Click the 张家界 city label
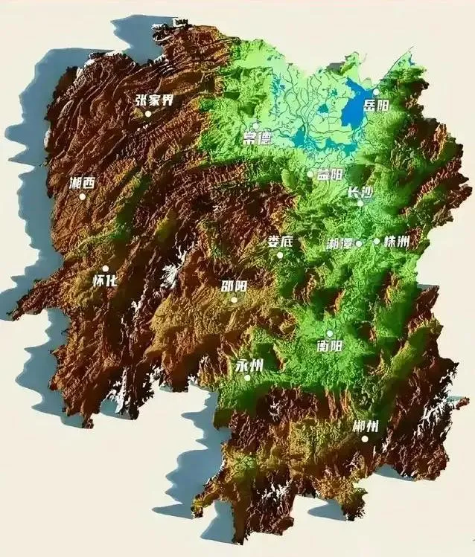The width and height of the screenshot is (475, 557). (x=154, y=100)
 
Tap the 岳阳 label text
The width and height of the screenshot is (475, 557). (x=376, y=106)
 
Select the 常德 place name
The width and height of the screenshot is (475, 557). (x=257, y=138)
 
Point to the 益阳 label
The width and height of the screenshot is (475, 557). (x=330, y=175)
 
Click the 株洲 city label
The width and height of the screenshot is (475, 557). (x=397, y=241)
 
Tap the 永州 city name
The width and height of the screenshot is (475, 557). (x=248, y=365)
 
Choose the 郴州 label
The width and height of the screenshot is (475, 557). (x=366, y=427)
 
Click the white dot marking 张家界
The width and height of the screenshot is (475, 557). (x=148, y=114)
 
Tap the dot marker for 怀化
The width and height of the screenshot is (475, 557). (x=105, y=268)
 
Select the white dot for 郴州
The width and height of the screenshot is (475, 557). (x=365, y=439)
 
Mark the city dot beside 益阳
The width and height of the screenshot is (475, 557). (x=310, y=174)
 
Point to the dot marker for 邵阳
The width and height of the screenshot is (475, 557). (x=234, y=300)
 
